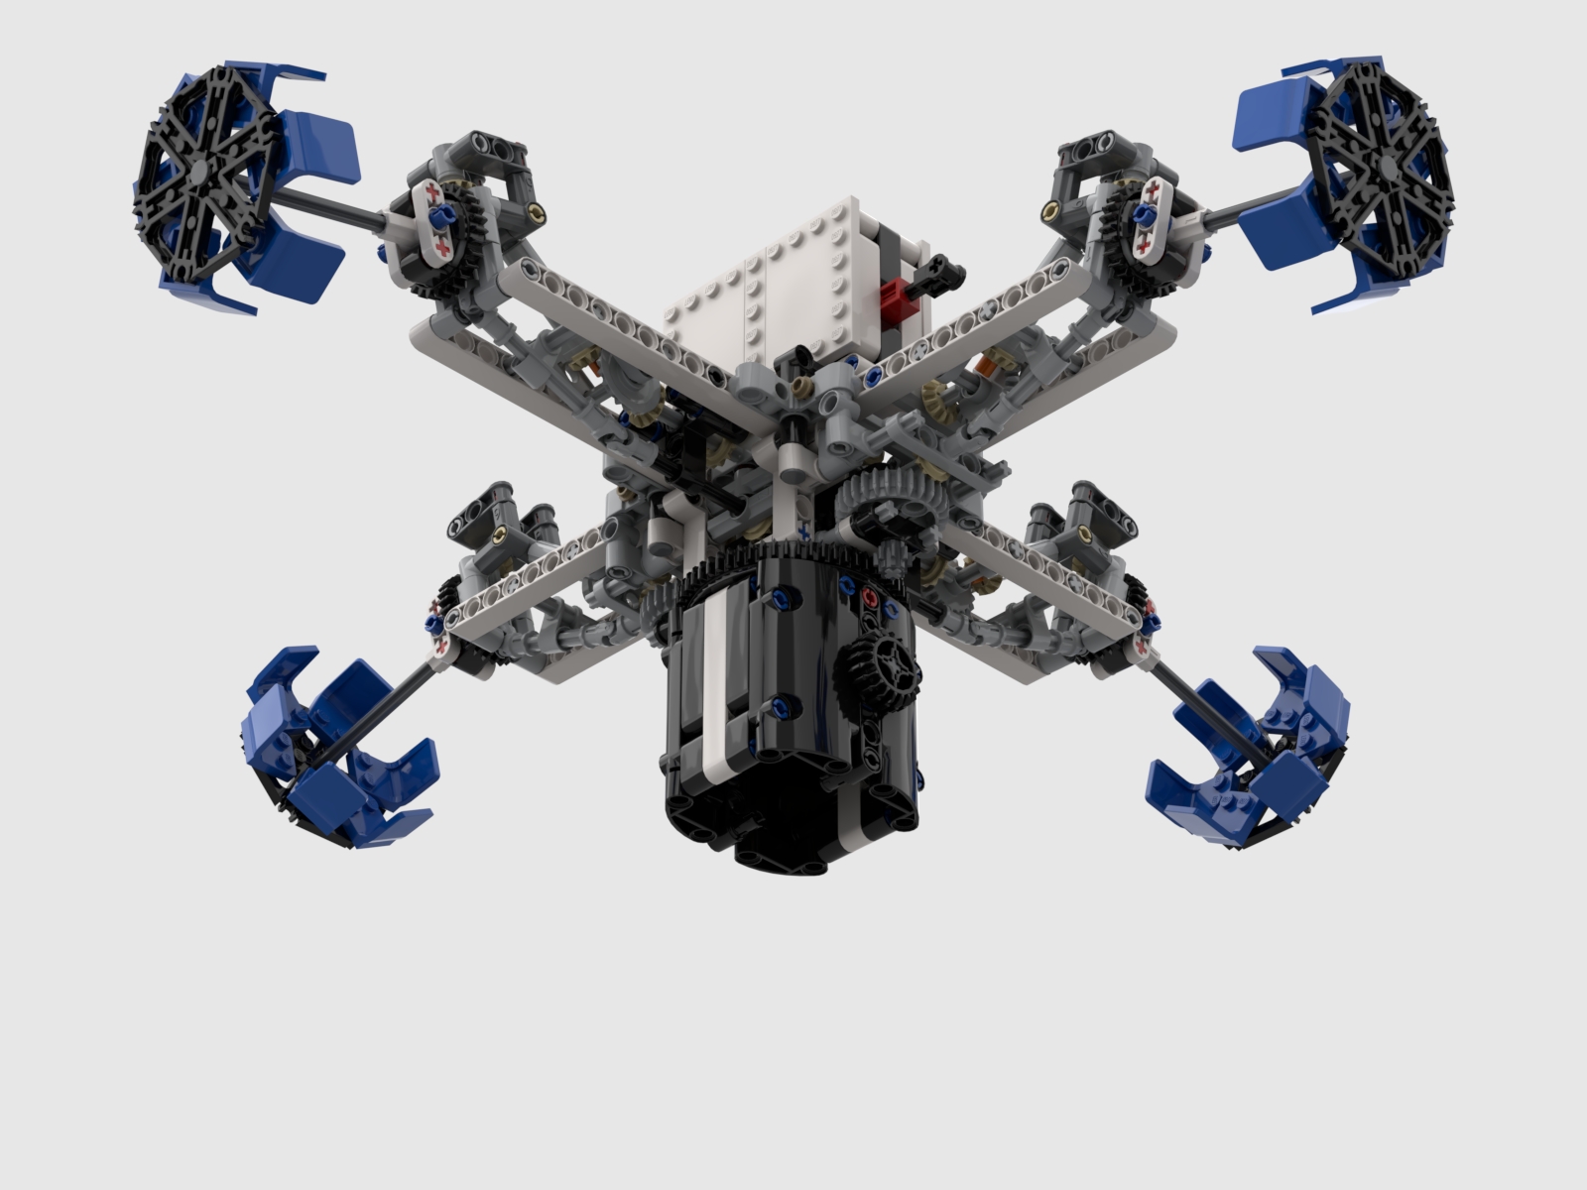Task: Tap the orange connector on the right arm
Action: click(x=985, y=367)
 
